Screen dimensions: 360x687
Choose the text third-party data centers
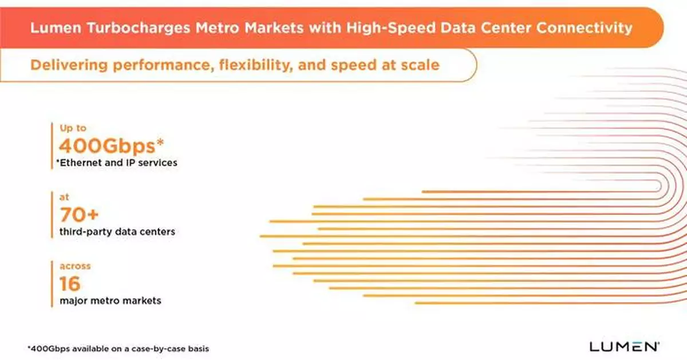[x=117, y=232]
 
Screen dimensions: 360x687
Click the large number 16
[x=70, y=284]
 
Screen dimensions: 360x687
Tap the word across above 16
[x=75, y=266]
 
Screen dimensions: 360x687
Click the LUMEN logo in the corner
[x=624, y=346]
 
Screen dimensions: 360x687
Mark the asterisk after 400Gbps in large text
[x=164, y=141]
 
